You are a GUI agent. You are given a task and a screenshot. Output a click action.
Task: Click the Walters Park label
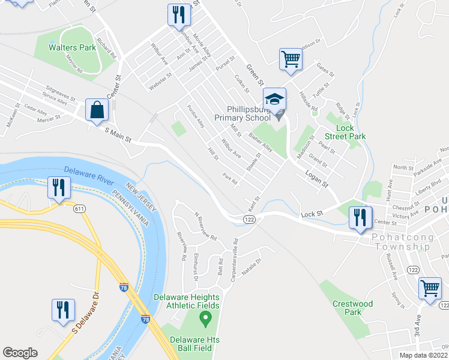(x=72, y=46)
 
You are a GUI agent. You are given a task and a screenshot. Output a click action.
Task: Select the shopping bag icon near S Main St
(x=97, y=110)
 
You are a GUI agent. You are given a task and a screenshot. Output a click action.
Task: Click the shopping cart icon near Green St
(x=290, y=59)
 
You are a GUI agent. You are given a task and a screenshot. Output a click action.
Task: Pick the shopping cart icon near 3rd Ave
(x=430, y=289)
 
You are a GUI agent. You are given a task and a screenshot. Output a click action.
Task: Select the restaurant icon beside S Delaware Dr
(x=63, y=310)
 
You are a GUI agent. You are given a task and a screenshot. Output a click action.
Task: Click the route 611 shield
(x=79, y=209)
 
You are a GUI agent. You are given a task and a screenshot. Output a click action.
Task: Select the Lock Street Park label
(x=345, y=132)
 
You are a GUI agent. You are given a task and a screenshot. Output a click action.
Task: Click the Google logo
(x=20, y=352)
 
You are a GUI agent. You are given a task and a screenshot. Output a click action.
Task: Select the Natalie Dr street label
(x=252, y=263)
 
